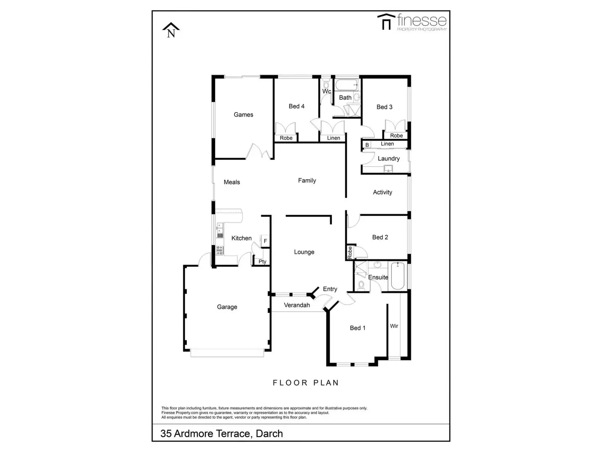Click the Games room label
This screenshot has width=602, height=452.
tap(243, 115)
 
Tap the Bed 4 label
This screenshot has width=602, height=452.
tap(297, 106)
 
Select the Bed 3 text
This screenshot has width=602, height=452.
tap(384, 107)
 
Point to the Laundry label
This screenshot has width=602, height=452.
tap(389, 158)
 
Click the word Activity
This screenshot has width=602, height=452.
tap(382, 192)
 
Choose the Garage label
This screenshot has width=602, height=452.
tap(227, 307)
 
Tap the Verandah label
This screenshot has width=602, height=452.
tap(297, 305)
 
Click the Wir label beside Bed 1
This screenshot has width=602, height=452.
tap(394, 326)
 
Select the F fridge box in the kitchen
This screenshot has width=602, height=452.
tap(265, 241)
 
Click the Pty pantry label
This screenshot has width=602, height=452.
tap(262, 261)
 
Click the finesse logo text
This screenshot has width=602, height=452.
tap(421, 20)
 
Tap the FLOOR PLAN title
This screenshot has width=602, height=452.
tap(306, 383)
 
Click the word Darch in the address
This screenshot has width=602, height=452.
tap(269, 434)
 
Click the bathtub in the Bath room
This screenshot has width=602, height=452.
tap(346, 85)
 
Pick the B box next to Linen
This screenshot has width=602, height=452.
tap(367, 145)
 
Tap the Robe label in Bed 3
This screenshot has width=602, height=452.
tap(396, 136)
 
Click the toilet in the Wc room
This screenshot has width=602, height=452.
tap(326, 82)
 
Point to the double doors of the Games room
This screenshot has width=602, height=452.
tap(259, 152)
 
